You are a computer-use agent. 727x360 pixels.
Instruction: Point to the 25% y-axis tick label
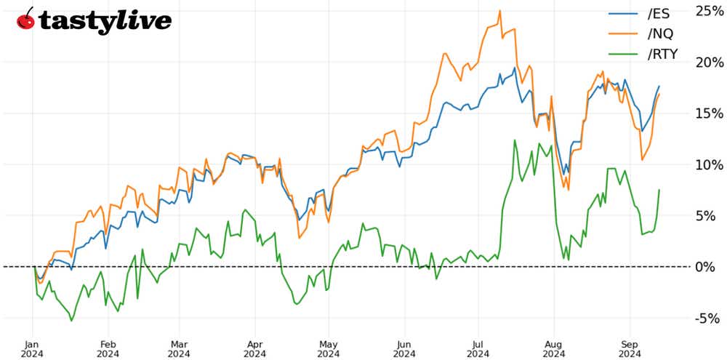pyautogui.click(x=709, y=11)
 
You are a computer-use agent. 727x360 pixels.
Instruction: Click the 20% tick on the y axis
pyautogui.click(x=709, y=63)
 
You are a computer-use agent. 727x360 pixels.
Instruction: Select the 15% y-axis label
pyautogui.click(x=709, y=113)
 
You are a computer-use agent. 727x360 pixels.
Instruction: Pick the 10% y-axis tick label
pyautogui.click(x=709, y=164)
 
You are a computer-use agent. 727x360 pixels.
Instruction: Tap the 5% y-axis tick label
pyautogui.click(x=712, y=215)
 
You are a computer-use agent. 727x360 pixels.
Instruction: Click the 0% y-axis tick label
pyautogui.click(x=712, y=267)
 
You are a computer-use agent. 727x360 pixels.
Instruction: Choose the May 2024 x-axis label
pyautogui.click(x=329, y=349)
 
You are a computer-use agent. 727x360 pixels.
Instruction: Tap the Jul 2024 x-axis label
pyautogui.click(x=478, y=349)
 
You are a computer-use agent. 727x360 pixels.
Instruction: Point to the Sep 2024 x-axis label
pyautogui.click(x=628, y=349)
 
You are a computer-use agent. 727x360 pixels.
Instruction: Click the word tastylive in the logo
pyautogui.click(x=105, y=20)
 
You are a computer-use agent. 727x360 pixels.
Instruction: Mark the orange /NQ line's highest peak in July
pyautogui.click(x=499, y=11)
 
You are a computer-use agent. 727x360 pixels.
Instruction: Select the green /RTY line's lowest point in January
pyautogui.click(x=71, y=320)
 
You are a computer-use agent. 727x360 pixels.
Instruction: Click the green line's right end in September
pyautogui.click(x=659, y=190)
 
